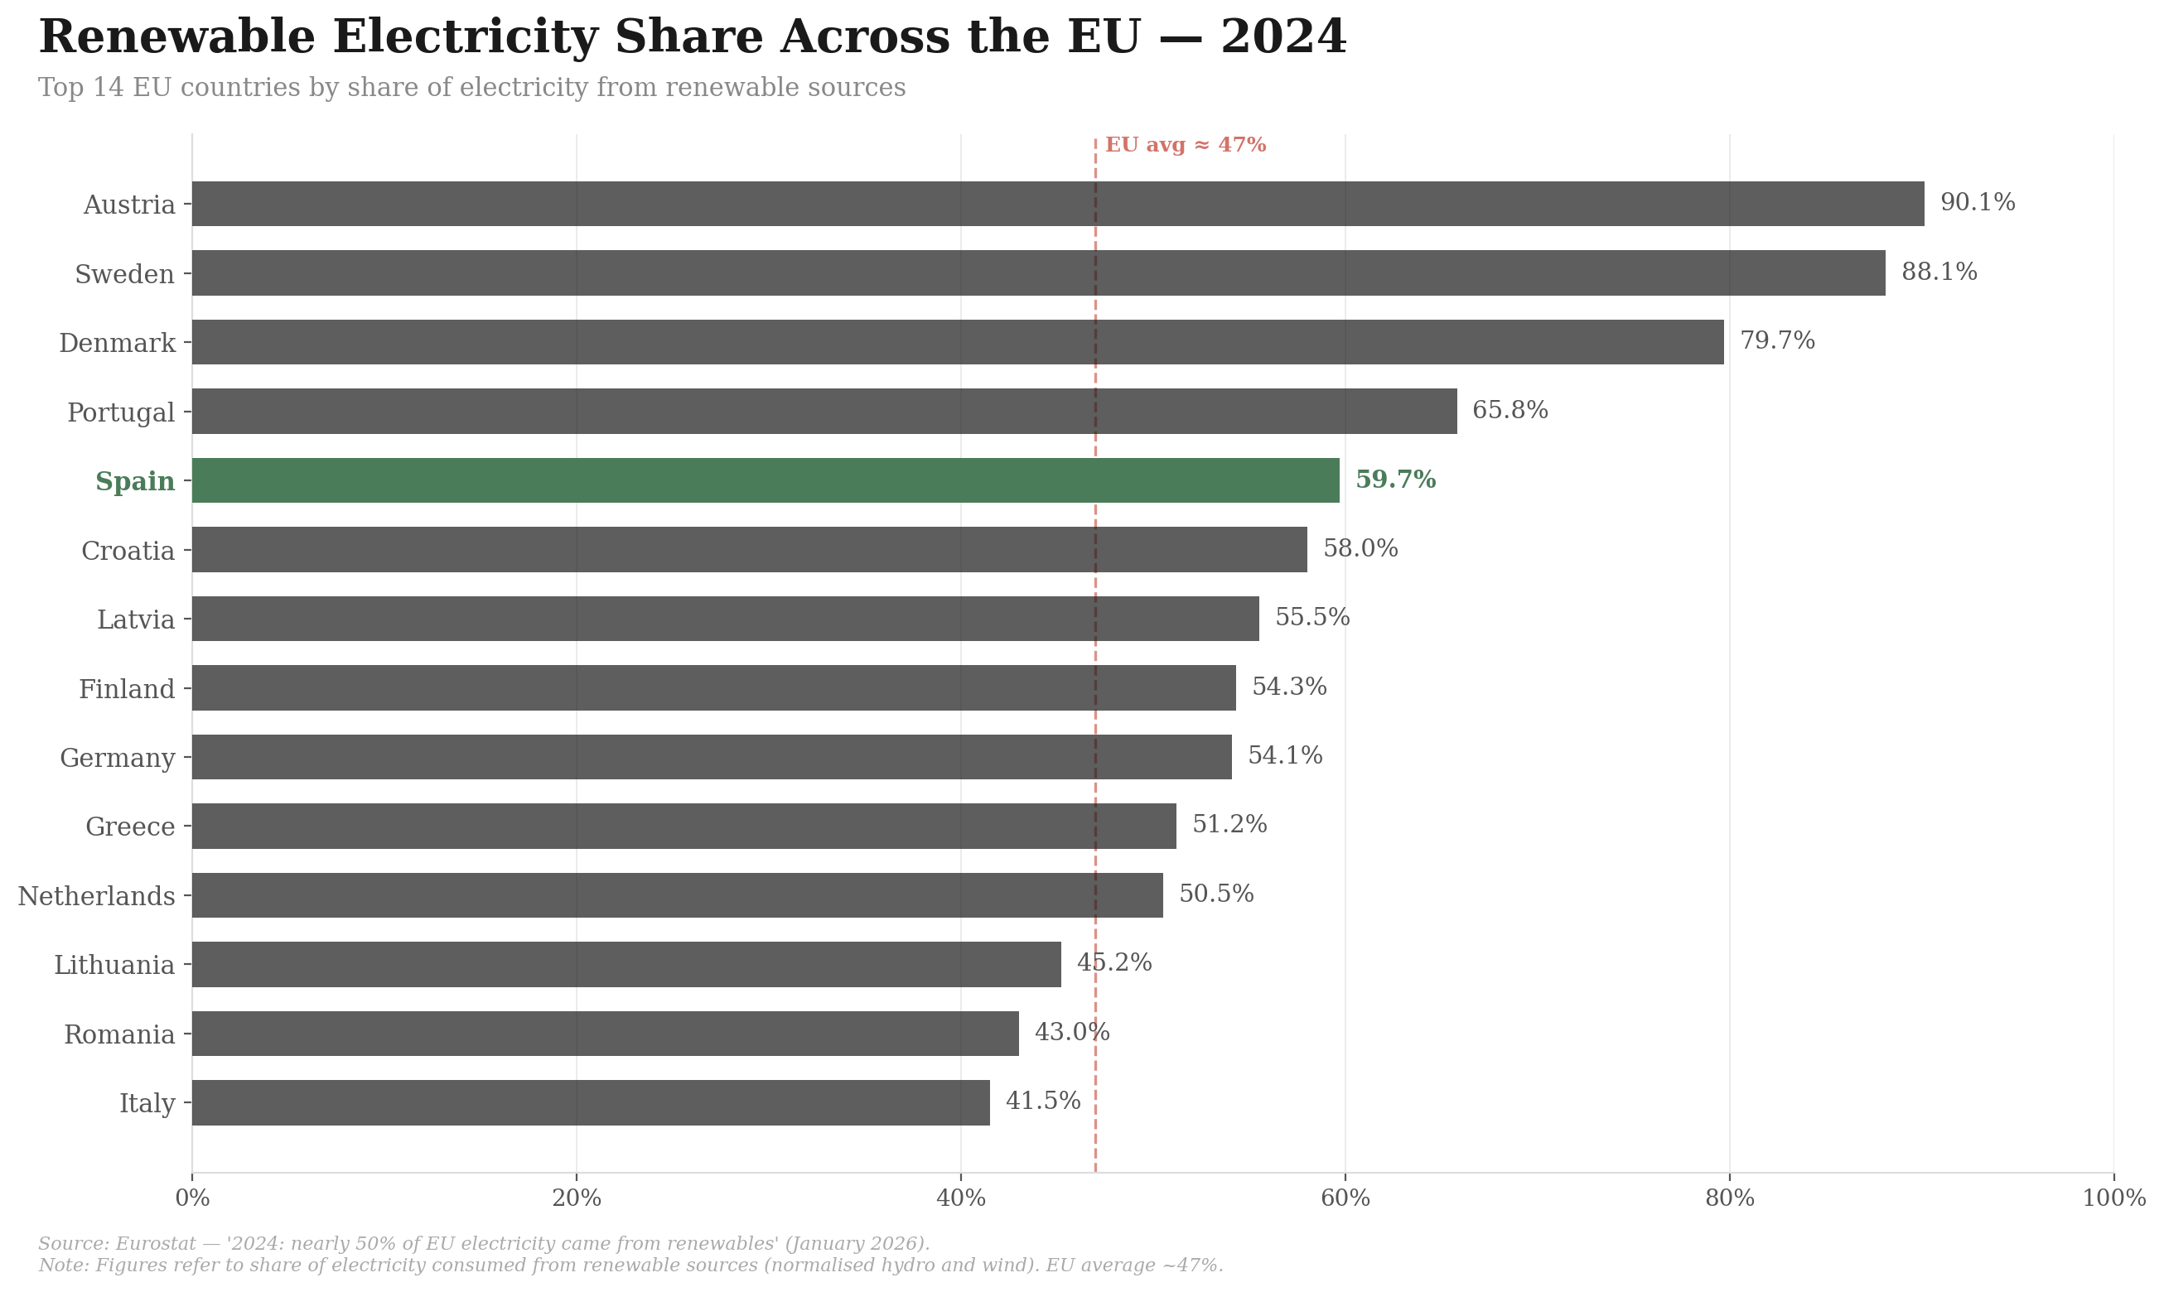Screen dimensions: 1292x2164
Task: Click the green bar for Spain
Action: click(765, 480)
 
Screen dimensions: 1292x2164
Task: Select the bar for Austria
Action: click(1057, 204)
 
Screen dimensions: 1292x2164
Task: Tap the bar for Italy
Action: click(591, 1102)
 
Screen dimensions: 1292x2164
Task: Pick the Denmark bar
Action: click(957, 342)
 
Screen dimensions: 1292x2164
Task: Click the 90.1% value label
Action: click(1977, 203)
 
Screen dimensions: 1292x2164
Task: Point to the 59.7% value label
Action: click(1395, 480)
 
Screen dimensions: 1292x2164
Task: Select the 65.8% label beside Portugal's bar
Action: click(1509, 410)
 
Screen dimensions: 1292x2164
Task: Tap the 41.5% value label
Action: click(1042, 1102)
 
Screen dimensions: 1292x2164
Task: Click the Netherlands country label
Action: click(97, 896)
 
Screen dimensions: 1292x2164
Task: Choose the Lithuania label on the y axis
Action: click(114, 965)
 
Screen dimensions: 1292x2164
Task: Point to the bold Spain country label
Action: click(135, 481)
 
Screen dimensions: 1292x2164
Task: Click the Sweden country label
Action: click(124, 274)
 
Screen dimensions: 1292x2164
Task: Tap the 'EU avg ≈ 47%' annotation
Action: click(1186, 146)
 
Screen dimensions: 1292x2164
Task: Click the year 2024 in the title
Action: click(1282, 37)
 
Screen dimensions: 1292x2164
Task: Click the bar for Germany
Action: click(712, 757)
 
